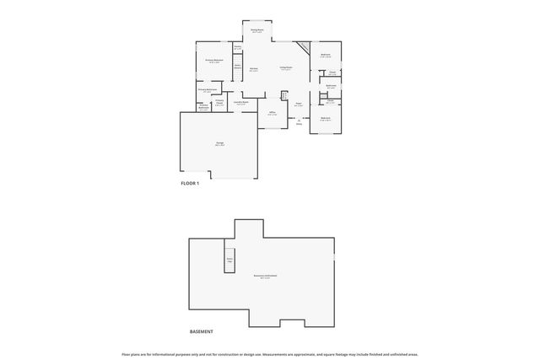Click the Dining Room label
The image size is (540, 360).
click(257, 30)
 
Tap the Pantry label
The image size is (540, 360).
click(238, 47)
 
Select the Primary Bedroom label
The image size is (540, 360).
click(214, 61)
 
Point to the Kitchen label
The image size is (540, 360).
click(254, 70)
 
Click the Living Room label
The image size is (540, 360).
click(286, 68)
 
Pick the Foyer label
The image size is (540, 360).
click(299, 105)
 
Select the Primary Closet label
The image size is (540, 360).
click(219, 103)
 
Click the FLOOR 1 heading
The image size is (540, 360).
click(190, 183)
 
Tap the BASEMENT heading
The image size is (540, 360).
click(202, 331)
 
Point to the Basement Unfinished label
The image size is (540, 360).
click(266, 276)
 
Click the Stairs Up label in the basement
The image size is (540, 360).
click(229, 260)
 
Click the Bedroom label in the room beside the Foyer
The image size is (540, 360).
click(326, 118)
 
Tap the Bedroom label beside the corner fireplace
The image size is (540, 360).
click(326, 56)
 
